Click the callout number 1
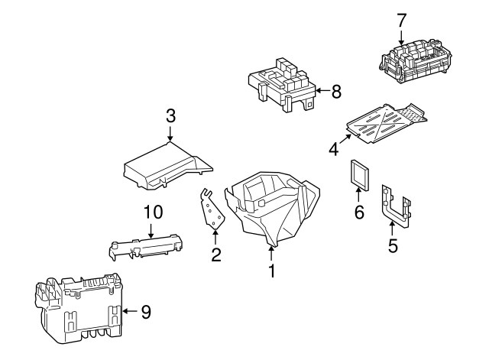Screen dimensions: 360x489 pos(270,270)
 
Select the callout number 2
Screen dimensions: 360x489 pos(216,255)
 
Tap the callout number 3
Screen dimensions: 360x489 pos(170,116)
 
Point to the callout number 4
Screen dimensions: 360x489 pos(333,148)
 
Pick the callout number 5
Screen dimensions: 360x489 pos(393,247)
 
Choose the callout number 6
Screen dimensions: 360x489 pos(358,212)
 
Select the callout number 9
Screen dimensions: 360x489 pos(146,311)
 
